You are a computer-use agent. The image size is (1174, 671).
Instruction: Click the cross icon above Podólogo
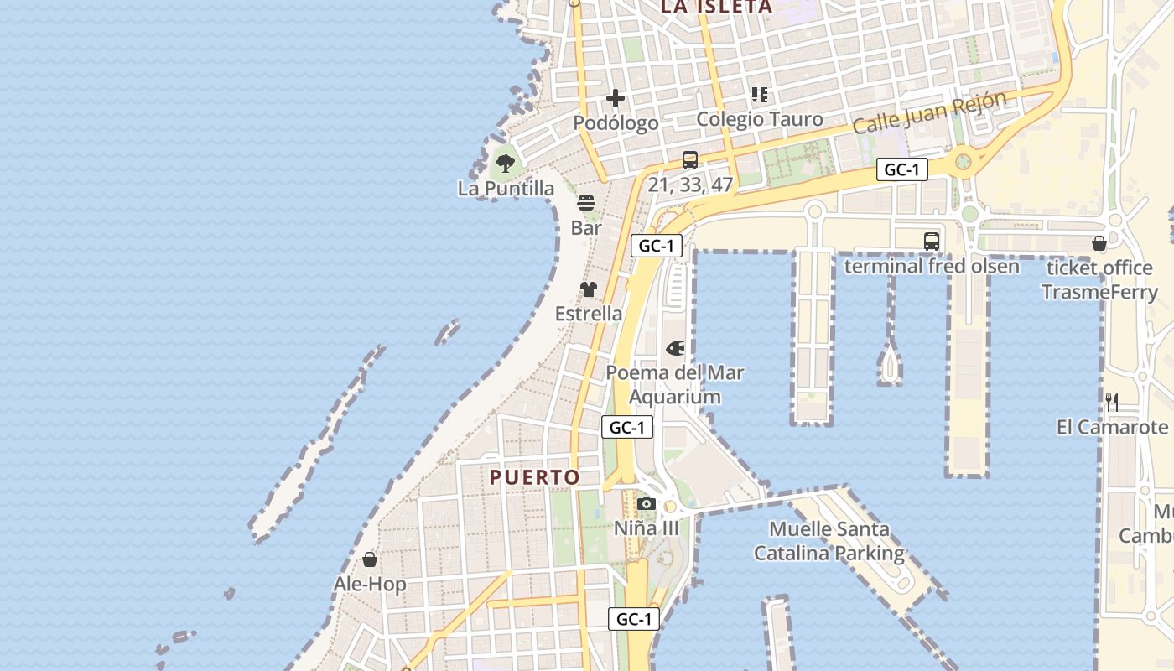click(616, 98)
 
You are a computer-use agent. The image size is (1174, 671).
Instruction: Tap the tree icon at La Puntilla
click(505, 163)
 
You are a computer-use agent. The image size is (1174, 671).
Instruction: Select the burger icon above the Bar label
click(585, 203)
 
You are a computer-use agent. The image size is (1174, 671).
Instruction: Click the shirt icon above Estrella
click(589, 289)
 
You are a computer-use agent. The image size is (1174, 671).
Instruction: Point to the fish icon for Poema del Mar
click(675, 347)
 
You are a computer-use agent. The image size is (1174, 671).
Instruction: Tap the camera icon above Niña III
click(646, 503)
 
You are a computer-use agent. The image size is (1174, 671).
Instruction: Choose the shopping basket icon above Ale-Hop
click(370, 559)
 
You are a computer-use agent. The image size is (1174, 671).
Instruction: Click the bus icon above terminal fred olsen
click(932, 242)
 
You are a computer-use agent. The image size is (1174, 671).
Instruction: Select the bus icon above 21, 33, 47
click(690, 159)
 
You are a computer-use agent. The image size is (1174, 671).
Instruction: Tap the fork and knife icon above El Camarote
click(1112, 402)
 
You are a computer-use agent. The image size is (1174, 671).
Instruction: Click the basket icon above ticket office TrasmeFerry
click(1099, 243)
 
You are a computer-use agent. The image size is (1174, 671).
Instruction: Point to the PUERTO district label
click(535, 477)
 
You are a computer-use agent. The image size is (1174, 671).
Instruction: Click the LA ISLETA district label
click(716, 7)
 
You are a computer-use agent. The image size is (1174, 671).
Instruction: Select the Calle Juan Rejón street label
click(929, 112)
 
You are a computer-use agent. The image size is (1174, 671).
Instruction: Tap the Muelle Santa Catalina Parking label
click(829, 541)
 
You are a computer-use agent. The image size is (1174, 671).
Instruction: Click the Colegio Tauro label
click(760, 119)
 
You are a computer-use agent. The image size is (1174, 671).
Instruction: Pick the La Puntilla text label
click(506, 188)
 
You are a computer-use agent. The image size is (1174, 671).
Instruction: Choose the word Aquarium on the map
click(675, 397)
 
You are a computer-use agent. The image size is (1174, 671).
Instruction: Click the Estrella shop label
click(589, 314)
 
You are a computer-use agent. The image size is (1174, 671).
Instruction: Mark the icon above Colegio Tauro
click(760, 95)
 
